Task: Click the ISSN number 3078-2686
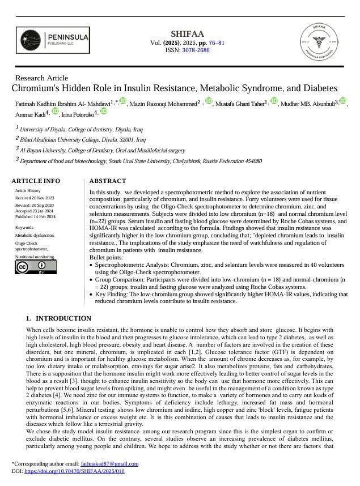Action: click(196, 50)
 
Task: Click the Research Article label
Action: click(41, 78)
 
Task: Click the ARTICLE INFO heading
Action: click(36, 181)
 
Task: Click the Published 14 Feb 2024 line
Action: click(35, 217)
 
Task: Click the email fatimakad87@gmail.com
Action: click(109, 464)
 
